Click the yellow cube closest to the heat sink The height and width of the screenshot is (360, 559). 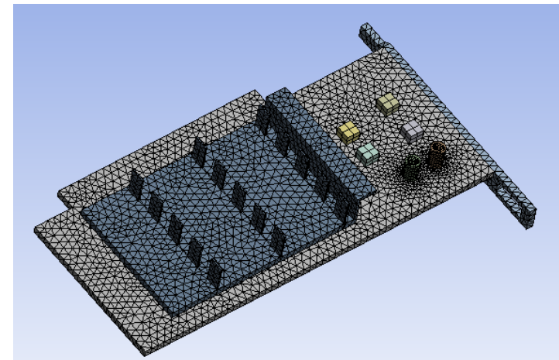(349, 132)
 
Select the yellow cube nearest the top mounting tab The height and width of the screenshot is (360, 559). (388, 103)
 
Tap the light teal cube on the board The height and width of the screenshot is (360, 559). (367, 153)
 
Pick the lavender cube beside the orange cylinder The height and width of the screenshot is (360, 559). (411, 131)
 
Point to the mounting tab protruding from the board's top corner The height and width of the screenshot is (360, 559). (369, 37)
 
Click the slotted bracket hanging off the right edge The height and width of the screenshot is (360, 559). (511, 197)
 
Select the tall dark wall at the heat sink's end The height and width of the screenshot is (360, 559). (310, 147)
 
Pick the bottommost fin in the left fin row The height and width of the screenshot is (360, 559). (214, 273)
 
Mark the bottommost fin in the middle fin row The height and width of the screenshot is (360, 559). (278, 242)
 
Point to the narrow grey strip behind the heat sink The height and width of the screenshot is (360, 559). (155, 143)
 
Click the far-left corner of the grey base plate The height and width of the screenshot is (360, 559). (39, 229)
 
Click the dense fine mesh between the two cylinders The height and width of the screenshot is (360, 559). (425, 165)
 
